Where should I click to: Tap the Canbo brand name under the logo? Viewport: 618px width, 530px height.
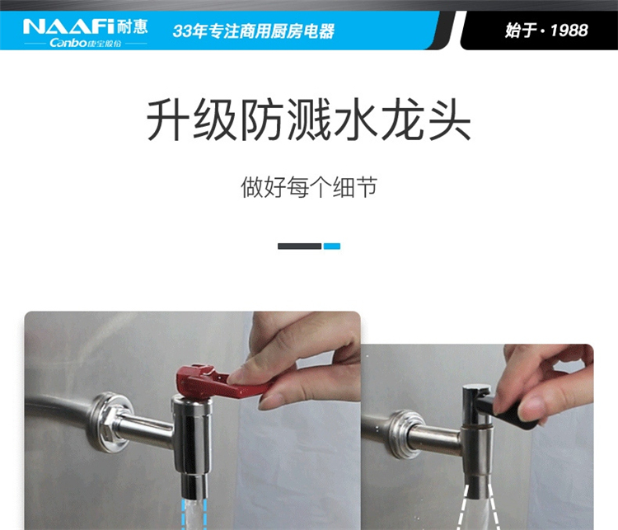point(68,43)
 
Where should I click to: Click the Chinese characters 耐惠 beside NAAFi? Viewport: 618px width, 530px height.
point(132,26)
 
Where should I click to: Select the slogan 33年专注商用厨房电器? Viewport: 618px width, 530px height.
point(254,30)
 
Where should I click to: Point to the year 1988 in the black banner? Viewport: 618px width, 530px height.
point(569,30)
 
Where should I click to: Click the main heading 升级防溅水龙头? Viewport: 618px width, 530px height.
point(309,120)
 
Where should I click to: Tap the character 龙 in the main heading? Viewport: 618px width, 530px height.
point(401,120)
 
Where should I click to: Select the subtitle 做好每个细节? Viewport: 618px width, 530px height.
point(309,187)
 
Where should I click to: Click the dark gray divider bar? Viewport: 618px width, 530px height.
point(300,246)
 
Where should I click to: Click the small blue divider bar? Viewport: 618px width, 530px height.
point(332,246)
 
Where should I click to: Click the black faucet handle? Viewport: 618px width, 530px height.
point(508,413)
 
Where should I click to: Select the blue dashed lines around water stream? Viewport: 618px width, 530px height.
point(194,514)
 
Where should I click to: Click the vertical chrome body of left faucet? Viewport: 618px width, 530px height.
point(192,434)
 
